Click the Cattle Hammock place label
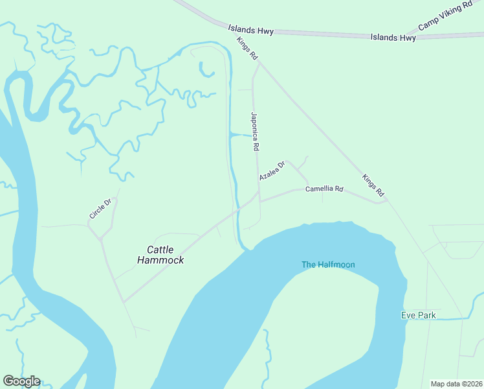pyautogui.click(x=161, y=254)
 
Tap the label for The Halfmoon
pyautogui.click(x=328, y=265)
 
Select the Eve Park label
pyautogui.click(x=418, y=315)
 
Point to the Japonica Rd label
pyautogui.click(x=254, y=132)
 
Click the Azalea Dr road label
pyautogui.click(x=272, y=171)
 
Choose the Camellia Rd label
pyautogui.click(x=324, y=189)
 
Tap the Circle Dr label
pyautogui.click(x=100, y=208)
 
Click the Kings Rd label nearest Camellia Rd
pyautogui.click(x=373, y=185)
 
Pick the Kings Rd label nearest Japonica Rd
pyautogui.click(x=247, y=49)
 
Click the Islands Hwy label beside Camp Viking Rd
pyautogui.click(x=393, y=38)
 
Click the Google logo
pyautogui.click(x=21, y=381)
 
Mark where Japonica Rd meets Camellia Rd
pyautogui.click(x=259, y=200)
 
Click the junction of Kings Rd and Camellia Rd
pyautogui.click(x=387, y=202)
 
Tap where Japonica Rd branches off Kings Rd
pyautogui.click(x=259, y=64)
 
